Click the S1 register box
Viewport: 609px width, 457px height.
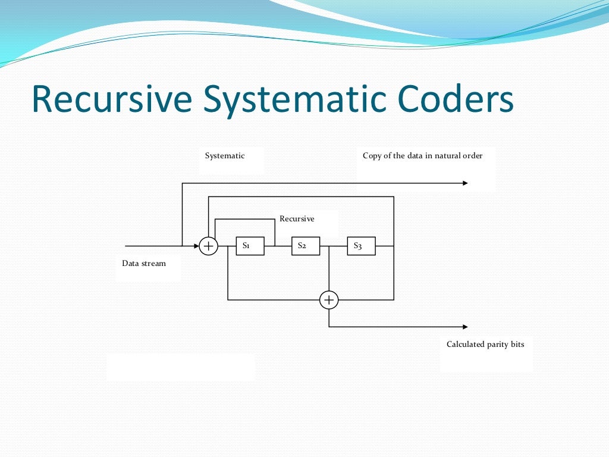coord(250,246)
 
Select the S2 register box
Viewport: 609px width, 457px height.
coord(306,246)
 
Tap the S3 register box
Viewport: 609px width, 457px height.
coord(361,246)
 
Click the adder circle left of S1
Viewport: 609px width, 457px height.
coord(208,246)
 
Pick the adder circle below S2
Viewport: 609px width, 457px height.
coord(329,300)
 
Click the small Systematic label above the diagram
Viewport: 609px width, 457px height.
coord(225,156)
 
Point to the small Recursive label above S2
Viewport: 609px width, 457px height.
coord(297,219)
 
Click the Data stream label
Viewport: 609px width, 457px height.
coord(144,264)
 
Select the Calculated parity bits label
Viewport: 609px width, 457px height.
coord(485,345)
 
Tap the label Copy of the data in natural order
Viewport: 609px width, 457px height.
coord(422,156)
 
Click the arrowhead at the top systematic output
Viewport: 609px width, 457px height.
coord(464,183)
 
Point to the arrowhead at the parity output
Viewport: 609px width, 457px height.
coord(464,327)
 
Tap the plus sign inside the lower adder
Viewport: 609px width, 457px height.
coord(329,300)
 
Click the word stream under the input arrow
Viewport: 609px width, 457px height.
coord(153,264)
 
